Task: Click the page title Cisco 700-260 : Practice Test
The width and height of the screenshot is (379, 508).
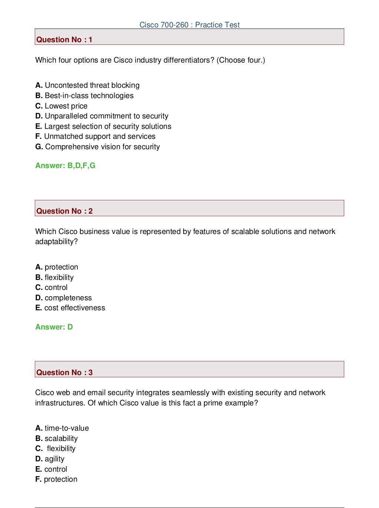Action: tap(189, 25)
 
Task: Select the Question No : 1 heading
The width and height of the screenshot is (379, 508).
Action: tap(64, 40)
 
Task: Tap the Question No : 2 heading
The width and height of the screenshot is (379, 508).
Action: tap(64, 211)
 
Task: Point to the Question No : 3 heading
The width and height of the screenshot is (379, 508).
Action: tap(64, 372)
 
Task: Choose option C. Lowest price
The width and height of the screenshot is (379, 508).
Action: tap(61, 106)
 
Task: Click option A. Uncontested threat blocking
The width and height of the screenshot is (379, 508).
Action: tap(87, 85)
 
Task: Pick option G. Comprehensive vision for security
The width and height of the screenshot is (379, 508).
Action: tap(98, 147)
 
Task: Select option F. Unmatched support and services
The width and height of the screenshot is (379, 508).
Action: tap(95, 136)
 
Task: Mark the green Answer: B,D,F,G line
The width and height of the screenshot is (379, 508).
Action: tap(65, 166)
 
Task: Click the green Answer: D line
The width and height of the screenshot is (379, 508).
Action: tap(54, 327)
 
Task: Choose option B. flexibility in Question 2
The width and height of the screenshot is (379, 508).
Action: tap(54, 277)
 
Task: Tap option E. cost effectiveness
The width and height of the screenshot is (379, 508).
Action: tap(70, 308)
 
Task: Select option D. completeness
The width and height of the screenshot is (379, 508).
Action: tap(64, 298)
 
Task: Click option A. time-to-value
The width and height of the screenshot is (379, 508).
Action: tap(62, 428)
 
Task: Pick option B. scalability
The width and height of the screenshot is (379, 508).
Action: tap(57, 438)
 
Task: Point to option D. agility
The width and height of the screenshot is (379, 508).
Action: tap(50, 459)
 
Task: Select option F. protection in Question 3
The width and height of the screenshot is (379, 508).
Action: tap(56, 479)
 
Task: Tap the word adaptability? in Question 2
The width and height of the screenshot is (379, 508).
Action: tap(57, 241)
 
